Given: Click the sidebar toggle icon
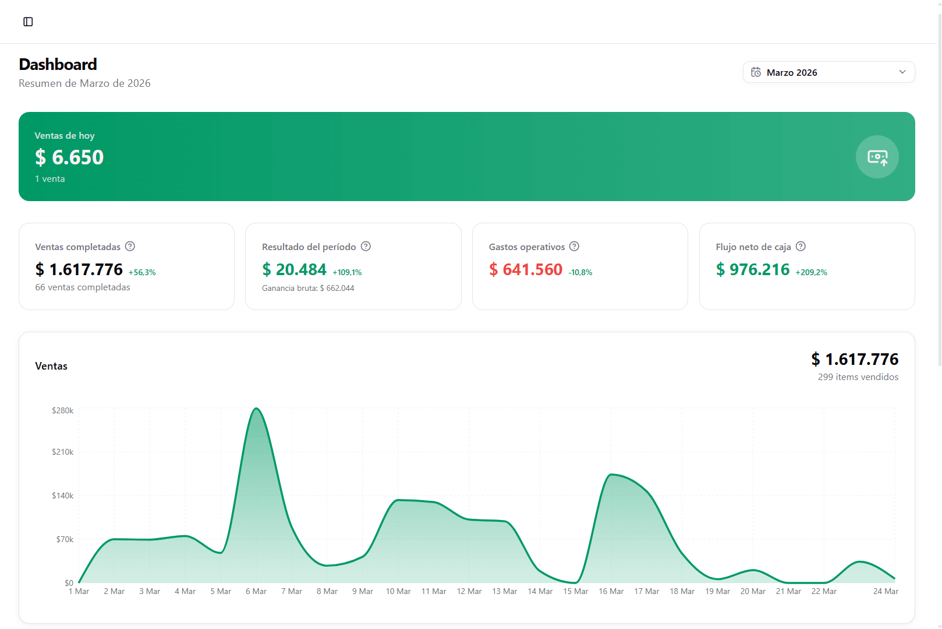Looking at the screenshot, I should coord(28,22).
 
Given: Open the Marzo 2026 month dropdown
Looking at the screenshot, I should coord(828,72).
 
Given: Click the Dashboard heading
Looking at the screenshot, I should coord(58,64).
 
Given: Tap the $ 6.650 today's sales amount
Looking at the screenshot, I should coord(69,157).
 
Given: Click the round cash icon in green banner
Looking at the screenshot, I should coord(877,157).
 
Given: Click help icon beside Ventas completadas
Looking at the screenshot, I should coord(130,247).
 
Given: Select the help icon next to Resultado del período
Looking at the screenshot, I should coord(366,247).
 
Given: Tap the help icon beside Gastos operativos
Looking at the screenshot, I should coord(574,247).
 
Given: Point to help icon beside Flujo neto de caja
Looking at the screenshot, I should coord(801,247).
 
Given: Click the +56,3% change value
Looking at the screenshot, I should coord(142,272).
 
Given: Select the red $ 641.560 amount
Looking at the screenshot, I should coord(526,269).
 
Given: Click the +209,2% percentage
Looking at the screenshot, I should coord(811,272).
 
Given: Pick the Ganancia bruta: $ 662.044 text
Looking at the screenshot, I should coord(308,288).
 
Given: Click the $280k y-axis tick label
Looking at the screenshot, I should coord(63,410).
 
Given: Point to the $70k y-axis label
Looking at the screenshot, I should coord(65,539).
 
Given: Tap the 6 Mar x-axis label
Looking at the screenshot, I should coord(256,591).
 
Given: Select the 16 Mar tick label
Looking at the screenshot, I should coord(611,591).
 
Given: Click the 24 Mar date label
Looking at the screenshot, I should coord(886,591).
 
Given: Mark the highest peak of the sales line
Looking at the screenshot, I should coord(256,409).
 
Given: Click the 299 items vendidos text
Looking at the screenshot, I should coord(858,377).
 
